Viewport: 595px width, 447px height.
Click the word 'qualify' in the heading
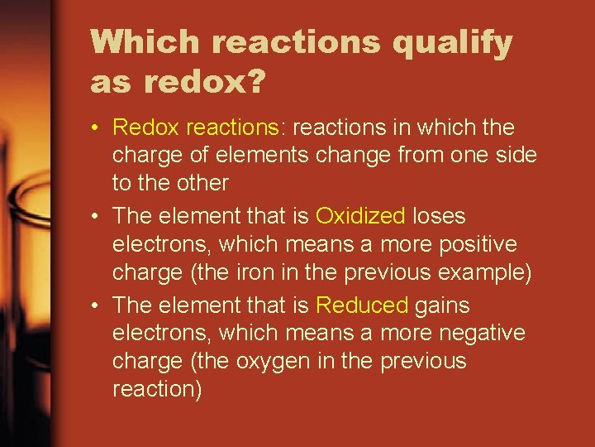point(452,43)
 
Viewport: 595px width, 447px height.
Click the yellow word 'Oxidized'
point(360,217)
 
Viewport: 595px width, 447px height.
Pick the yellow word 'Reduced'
point(362,305)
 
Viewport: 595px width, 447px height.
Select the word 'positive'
point(478,245)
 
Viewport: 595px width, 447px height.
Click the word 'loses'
point(439,217)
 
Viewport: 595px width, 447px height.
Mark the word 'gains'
point(442,306)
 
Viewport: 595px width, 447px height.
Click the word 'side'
point(514,156)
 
